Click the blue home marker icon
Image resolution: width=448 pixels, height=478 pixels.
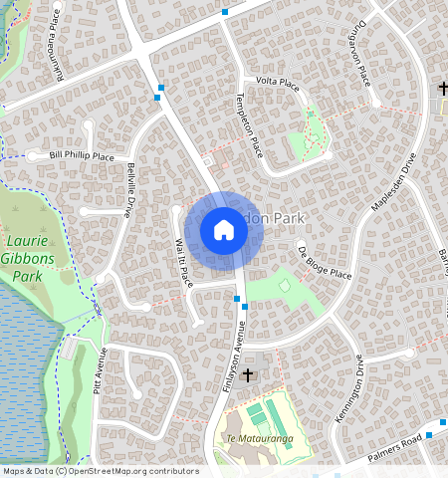pyautogui.click(x=224, y=231)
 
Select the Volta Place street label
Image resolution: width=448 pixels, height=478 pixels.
pyautogui.click(x=278, y=82)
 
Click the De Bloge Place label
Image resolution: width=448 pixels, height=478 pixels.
pyautogui.click(x=325, y=261)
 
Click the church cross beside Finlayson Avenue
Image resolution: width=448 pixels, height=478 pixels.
pyautogui.click(x=247, y=375)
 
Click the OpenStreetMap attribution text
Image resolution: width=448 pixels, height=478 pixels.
pyautogui.click(x=100, y=471)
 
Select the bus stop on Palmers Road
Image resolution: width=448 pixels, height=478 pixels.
pyautogui.click(x=429, y=435)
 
